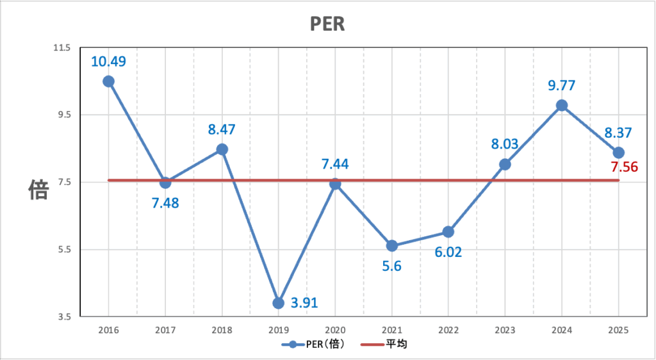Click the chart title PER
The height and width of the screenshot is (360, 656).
[x=327, y=24]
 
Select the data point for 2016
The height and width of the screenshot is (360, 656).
[x=108, y=81]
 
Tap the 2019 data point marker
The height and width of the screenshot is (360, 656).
[x=278, y=303]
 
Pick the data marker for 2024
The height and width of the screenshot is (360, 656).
[x=562, y=106]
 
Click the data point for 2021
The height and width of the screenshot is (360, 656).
[x=392, y=246]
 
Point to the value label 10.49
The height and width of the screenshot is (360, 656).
[x=108, y=61]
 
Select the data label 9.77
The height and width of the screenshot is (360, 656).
[x=562, y=85]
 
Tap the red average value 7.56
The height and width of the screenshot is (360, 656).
[x=624, y=167]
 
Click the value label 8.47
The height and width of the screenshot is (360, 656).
[x=222, y=129]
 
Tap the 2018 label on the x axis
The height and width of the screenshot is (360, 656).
[x=222, y=331]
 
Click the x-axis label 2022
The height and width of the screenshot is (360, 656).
[x=448, y=331]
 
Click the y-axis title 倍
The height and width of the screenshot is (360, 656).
[x=38, y=190]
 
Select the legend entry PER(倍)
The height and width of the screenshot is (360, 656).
[x=314, y=345]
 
